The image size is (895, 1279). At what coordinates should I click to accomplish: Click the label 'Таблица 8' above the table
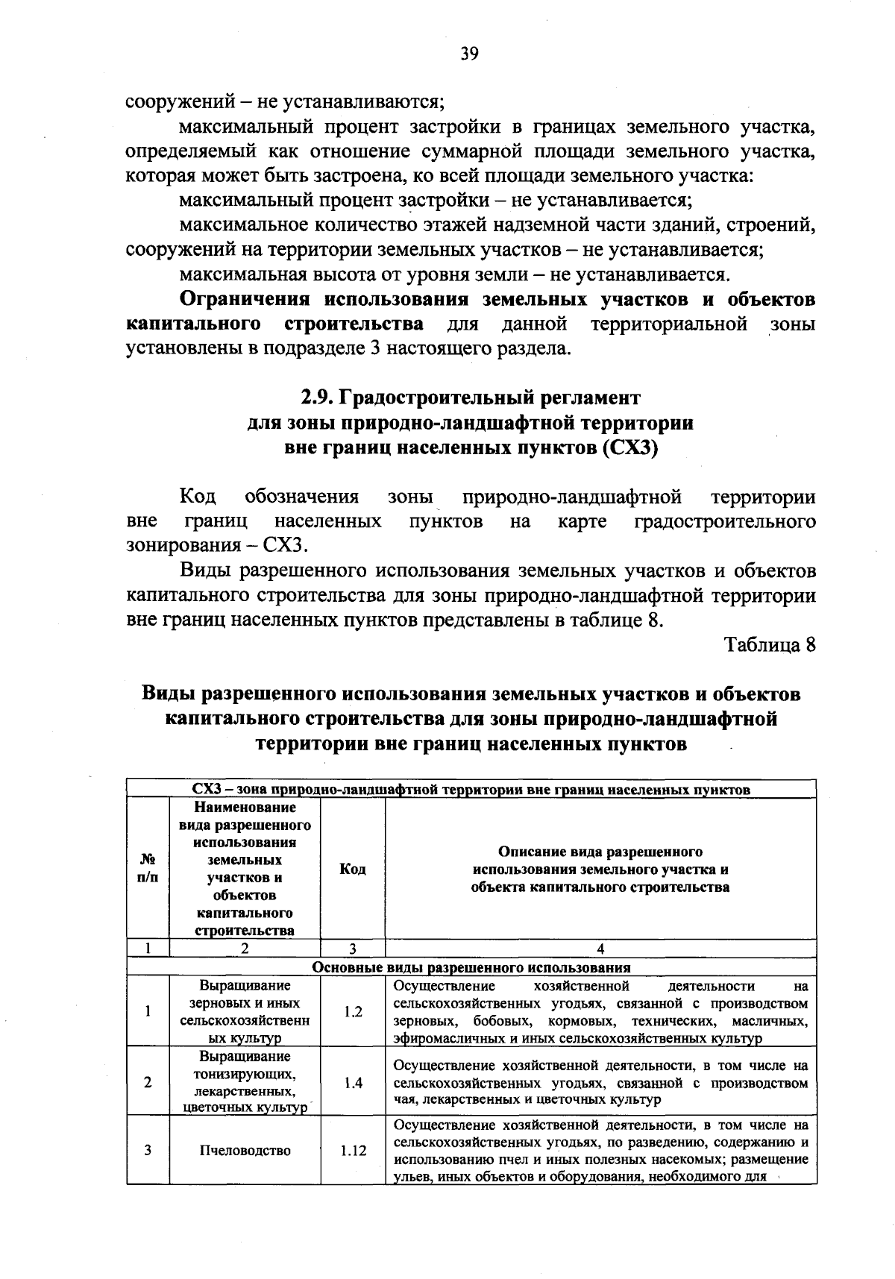770,645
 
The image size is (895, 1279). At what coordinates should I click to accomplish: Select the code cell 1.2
353,1012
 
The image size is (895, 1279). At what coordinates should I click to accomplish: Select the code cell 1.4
353,1083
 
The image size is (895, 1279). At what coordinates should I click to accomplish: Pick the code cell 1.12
353,1150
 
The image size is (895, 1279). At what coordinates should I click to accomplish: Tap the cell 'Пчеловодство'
245,1150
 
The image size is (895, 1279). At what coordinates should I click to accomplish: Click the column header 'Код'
353,870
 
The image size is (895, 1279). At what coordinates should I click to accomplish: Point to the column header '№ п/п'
148,870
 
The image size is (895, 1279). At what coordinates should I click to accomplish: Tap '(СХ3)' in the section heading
629,449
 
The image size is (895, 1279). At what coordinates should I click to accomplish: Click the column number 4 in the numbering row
600,949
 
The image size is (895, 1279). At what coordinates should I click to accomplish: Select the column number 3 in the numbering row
353,949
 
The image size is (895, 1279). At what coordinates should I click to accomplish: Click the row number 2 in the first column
148,1083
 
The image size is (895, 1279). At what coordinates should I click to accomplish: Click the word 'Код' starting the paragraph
198,497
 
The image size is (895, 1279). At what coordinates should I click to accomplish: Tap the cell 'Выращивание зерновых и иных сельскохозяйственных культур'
245,1012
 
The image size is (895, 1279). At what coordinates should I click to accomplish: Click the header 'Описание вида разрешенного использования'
600,870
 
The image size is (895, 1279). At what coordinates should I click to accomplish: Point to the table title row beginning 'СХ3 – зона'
471,789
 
